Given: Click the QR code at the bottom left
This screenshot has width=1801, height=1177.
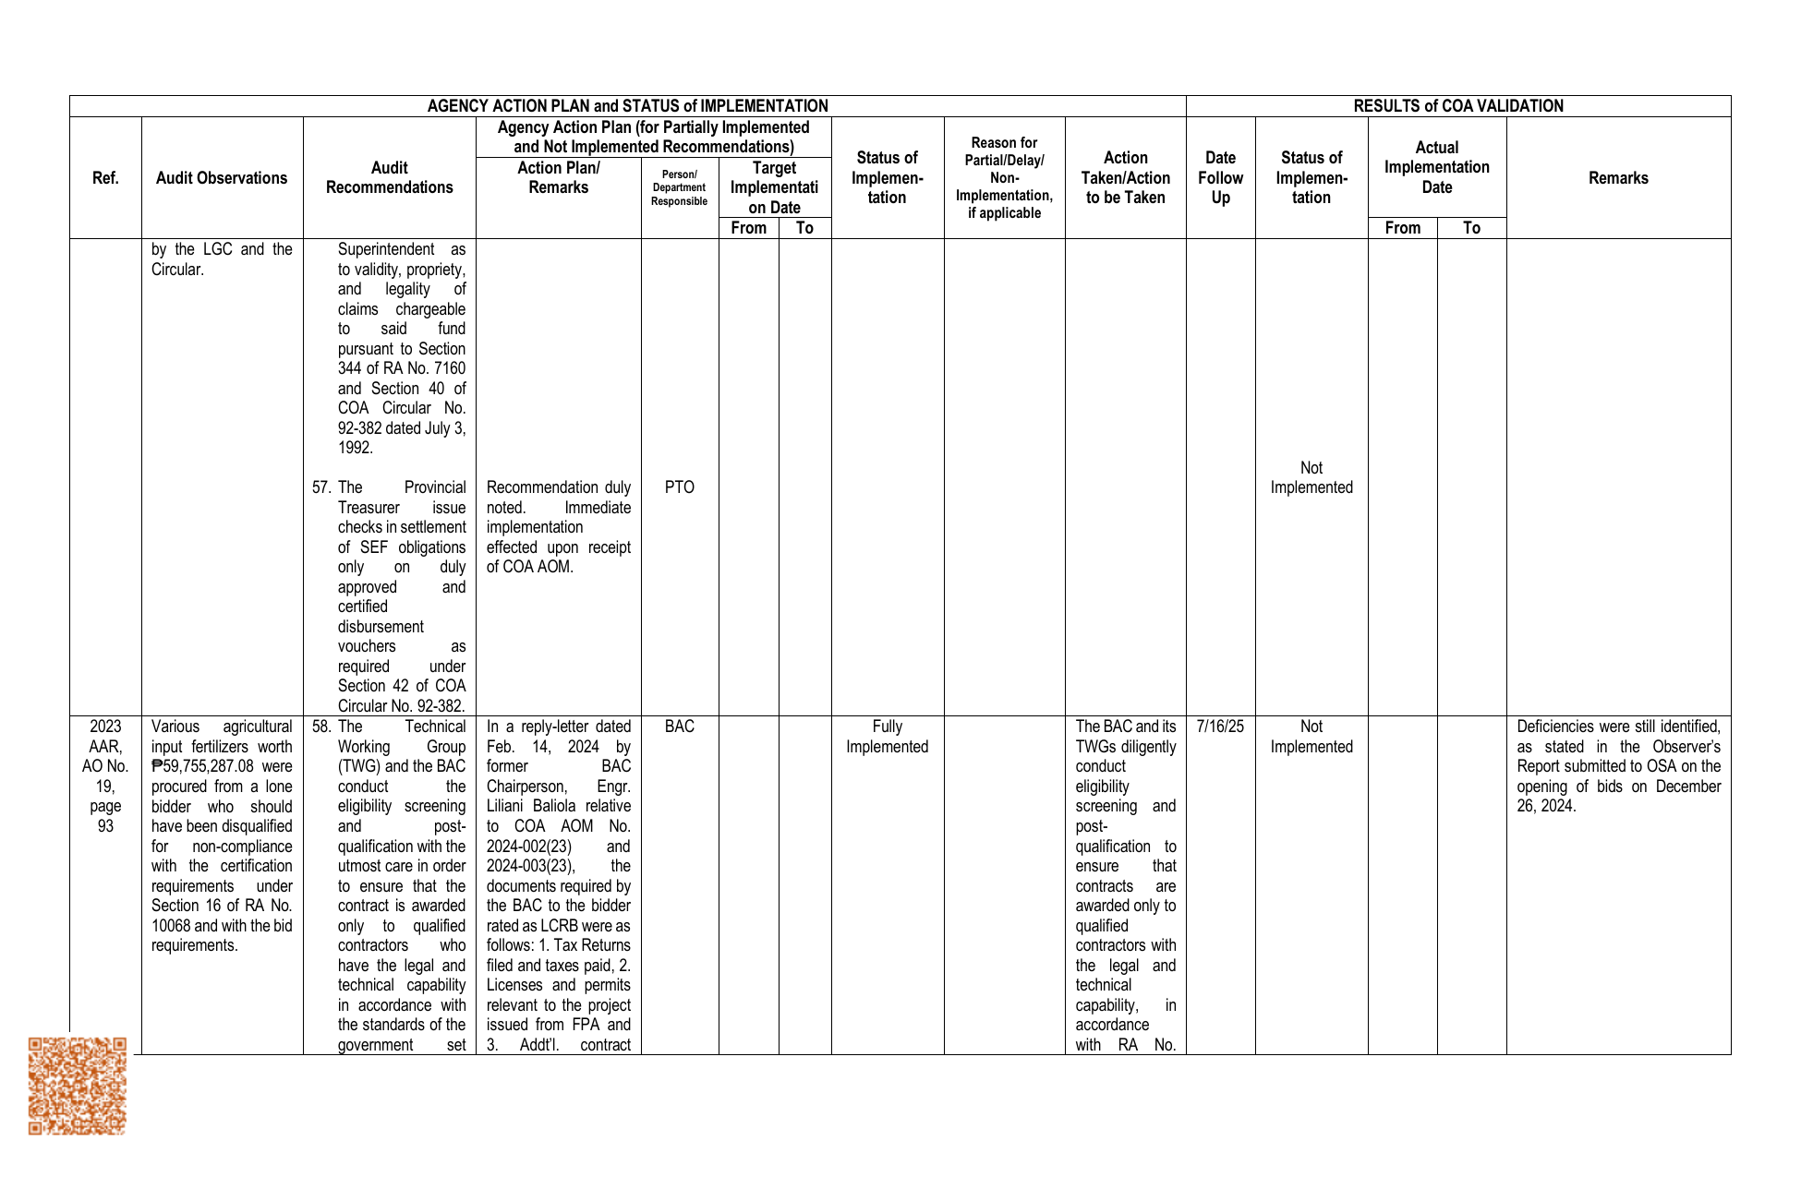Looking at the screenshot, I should [78, 1086].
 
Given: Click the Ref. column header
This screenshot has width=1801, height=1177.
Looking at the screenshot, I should [105, 178].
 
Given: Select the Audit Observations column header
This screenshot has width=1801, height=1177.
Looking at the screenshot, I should [222, 178].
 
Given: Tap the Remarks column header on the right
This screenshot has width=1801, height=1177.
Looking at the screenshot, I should [1618, 178].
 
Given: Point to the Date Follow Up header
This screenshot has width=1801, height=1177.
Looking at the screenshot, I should [1220, 178].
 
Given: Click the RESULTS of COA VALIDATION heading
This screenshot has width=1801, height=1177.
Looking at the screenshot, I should [1457, 106].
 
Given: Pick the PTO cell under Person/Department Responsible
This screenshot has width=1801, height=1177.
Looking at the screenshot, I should [679, 487].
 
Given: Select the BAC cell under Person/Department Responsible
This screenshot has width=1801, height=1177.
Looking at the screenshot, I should [679, 727].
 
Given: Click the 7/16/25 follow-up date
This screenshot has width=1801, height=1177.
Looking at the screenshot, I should [1220, 727].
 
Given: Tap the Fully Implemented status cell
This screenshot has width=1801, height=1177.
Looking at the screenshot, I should [887, 737].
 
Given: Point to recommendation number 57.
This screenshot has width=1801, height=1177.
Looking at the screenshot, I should [321, 487].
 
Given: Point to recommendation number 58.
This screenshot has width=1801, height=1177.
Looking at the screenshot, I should [321, 727].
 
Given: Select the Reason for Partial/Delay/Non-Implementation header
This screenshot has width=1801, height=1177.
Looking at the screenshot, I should [1004, 178].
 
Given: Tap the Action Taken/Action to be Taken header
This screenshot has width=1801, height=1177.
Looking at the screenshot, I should [1125, 178].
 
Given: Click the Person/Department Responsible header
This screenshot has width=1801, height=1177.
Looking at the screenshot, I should [679, 187].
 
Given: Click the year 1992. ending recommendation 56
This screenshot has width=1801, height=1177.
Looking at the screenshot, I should [356, 448].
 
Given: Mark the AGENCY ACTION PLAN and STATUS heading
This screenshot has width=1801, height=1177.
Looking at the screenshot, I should [627, 106].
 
